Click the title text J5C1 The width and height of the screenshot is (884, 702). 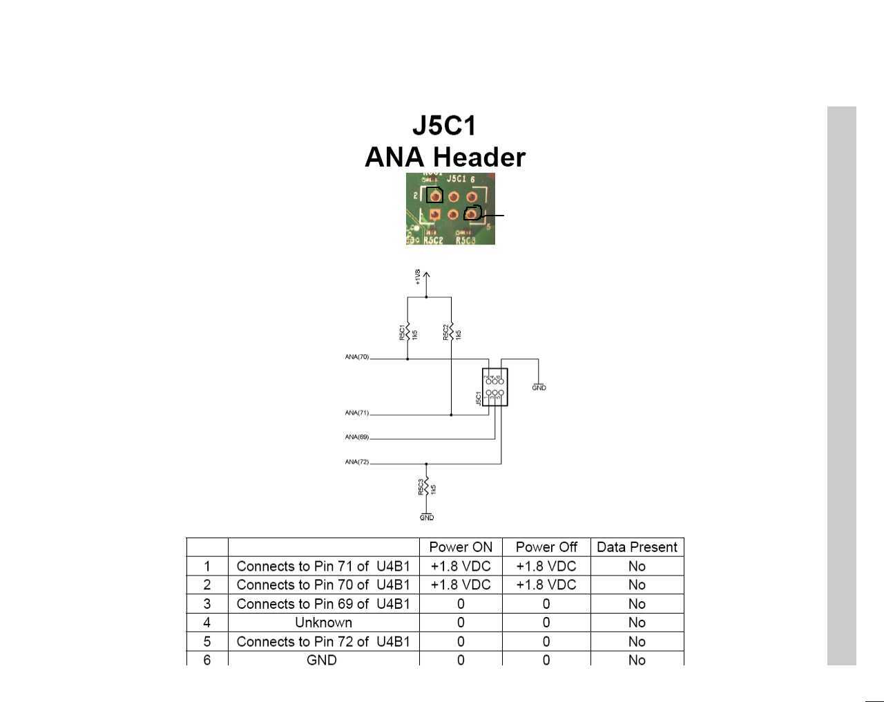point(444,126)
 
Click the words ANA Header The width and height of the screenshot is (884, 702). point(445,158)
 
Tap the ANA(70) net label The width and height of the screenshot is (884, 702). point(357,357)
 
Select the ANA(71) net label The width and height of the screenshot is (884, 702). point(357,413)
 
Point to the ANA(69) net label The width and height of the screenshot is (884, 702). point(357,437)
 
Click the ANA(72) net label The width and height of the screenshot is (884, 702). point(357,462)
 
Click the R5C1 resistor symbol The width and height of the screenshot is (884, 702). point(407,331)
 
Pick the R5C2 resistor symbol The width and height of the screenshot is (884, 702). point(452,331)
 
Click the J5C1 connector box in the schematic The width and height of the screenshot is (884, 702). point(495,387)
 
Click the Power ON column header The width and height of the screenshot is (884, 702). point(461,547)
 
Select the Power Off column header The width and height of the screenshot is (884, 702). point(546,547)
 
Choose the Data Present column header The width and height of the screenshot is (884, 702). point(637,547)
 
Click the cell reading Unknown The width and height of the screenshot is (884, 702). point(323,623)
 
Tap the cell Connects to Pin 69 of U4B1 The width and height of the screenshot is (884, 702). point(323,604)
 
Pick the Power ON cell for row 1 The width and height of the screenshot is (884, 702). point(461,566)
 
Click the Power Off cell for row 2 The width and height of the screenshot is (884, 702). point(546,585)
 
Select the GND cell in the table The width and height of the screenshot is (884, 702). point(322,660)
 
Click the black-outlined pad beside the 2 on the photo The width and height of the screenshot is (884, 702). point(434,195)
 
